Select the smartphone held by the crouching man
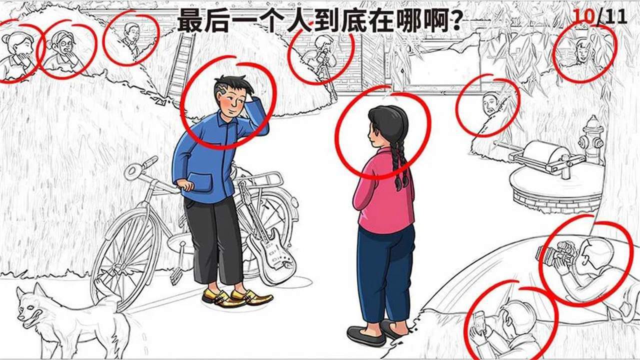pyautogui.click(x=479, y=323)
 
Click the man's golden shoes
pyautogui.click(x=237, y=297)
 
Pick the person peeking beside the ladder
pyautogui.click(x=131, y=37)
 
